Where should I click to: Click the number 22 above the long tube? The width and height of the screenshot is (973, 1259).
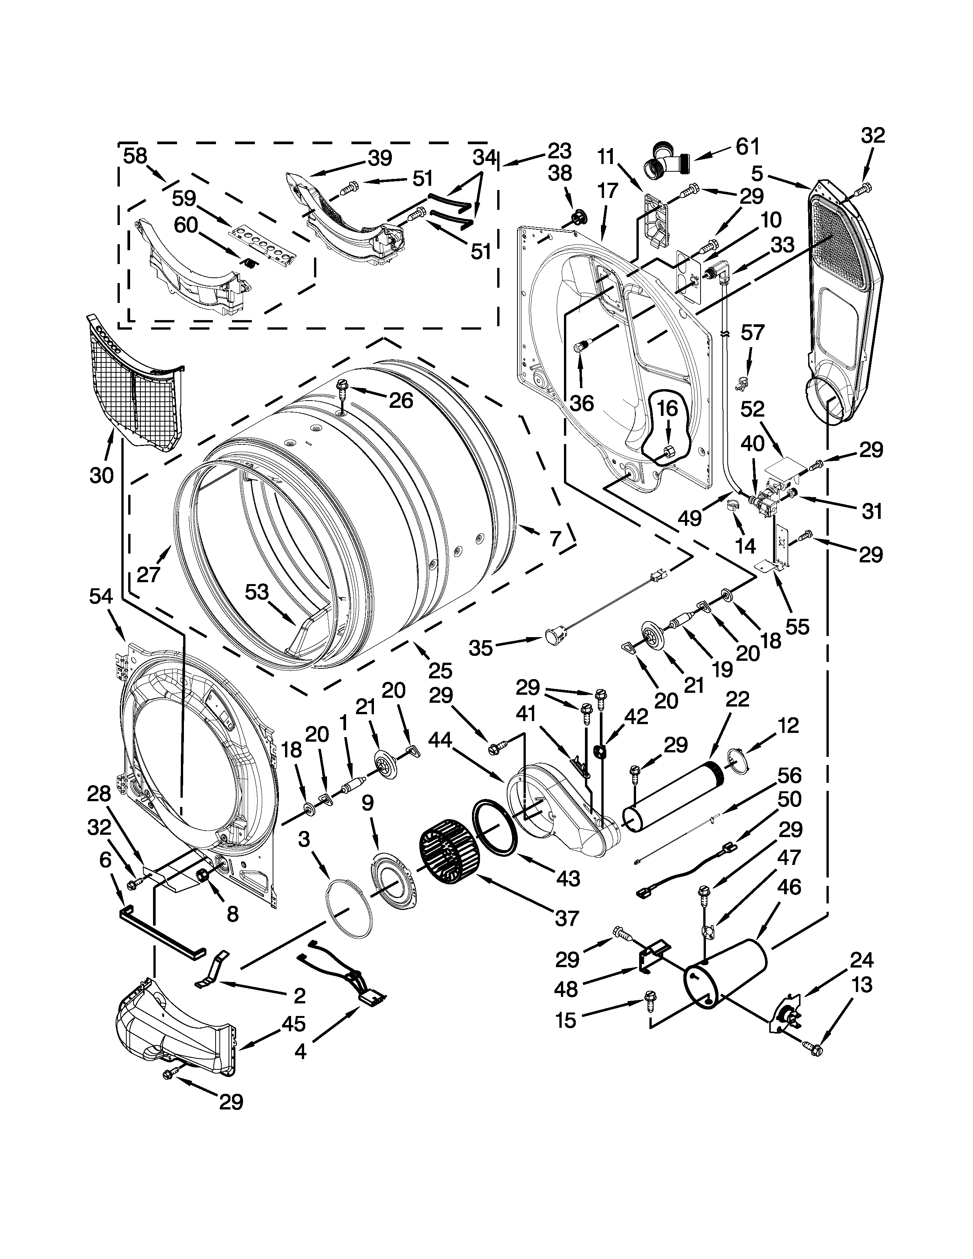coord(737,699)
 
